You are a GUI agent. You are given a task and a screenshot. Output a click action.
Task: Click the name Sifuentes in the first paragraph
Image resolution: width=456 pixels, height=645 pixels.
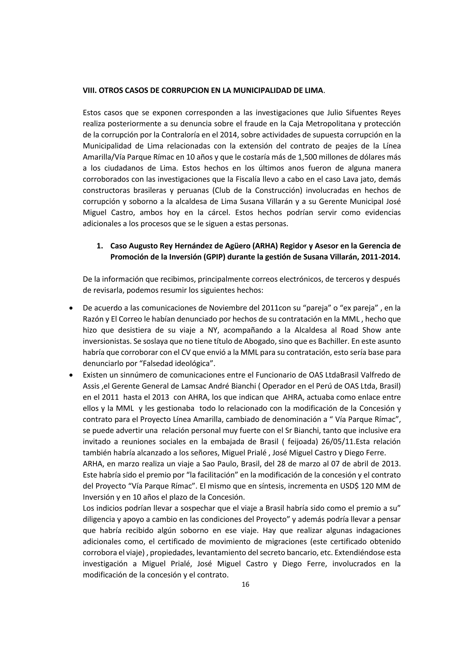click(x=360, y=113)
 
